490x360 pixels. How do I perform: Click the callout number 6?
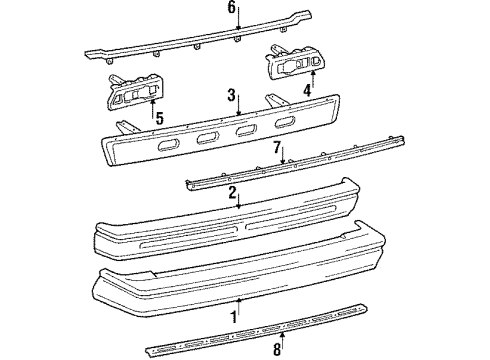[x=231, y=9]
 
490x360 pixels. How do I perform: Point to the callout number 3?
[x=230, y=96]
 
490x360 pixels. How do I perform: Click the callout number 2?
[x=231, y=193]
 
